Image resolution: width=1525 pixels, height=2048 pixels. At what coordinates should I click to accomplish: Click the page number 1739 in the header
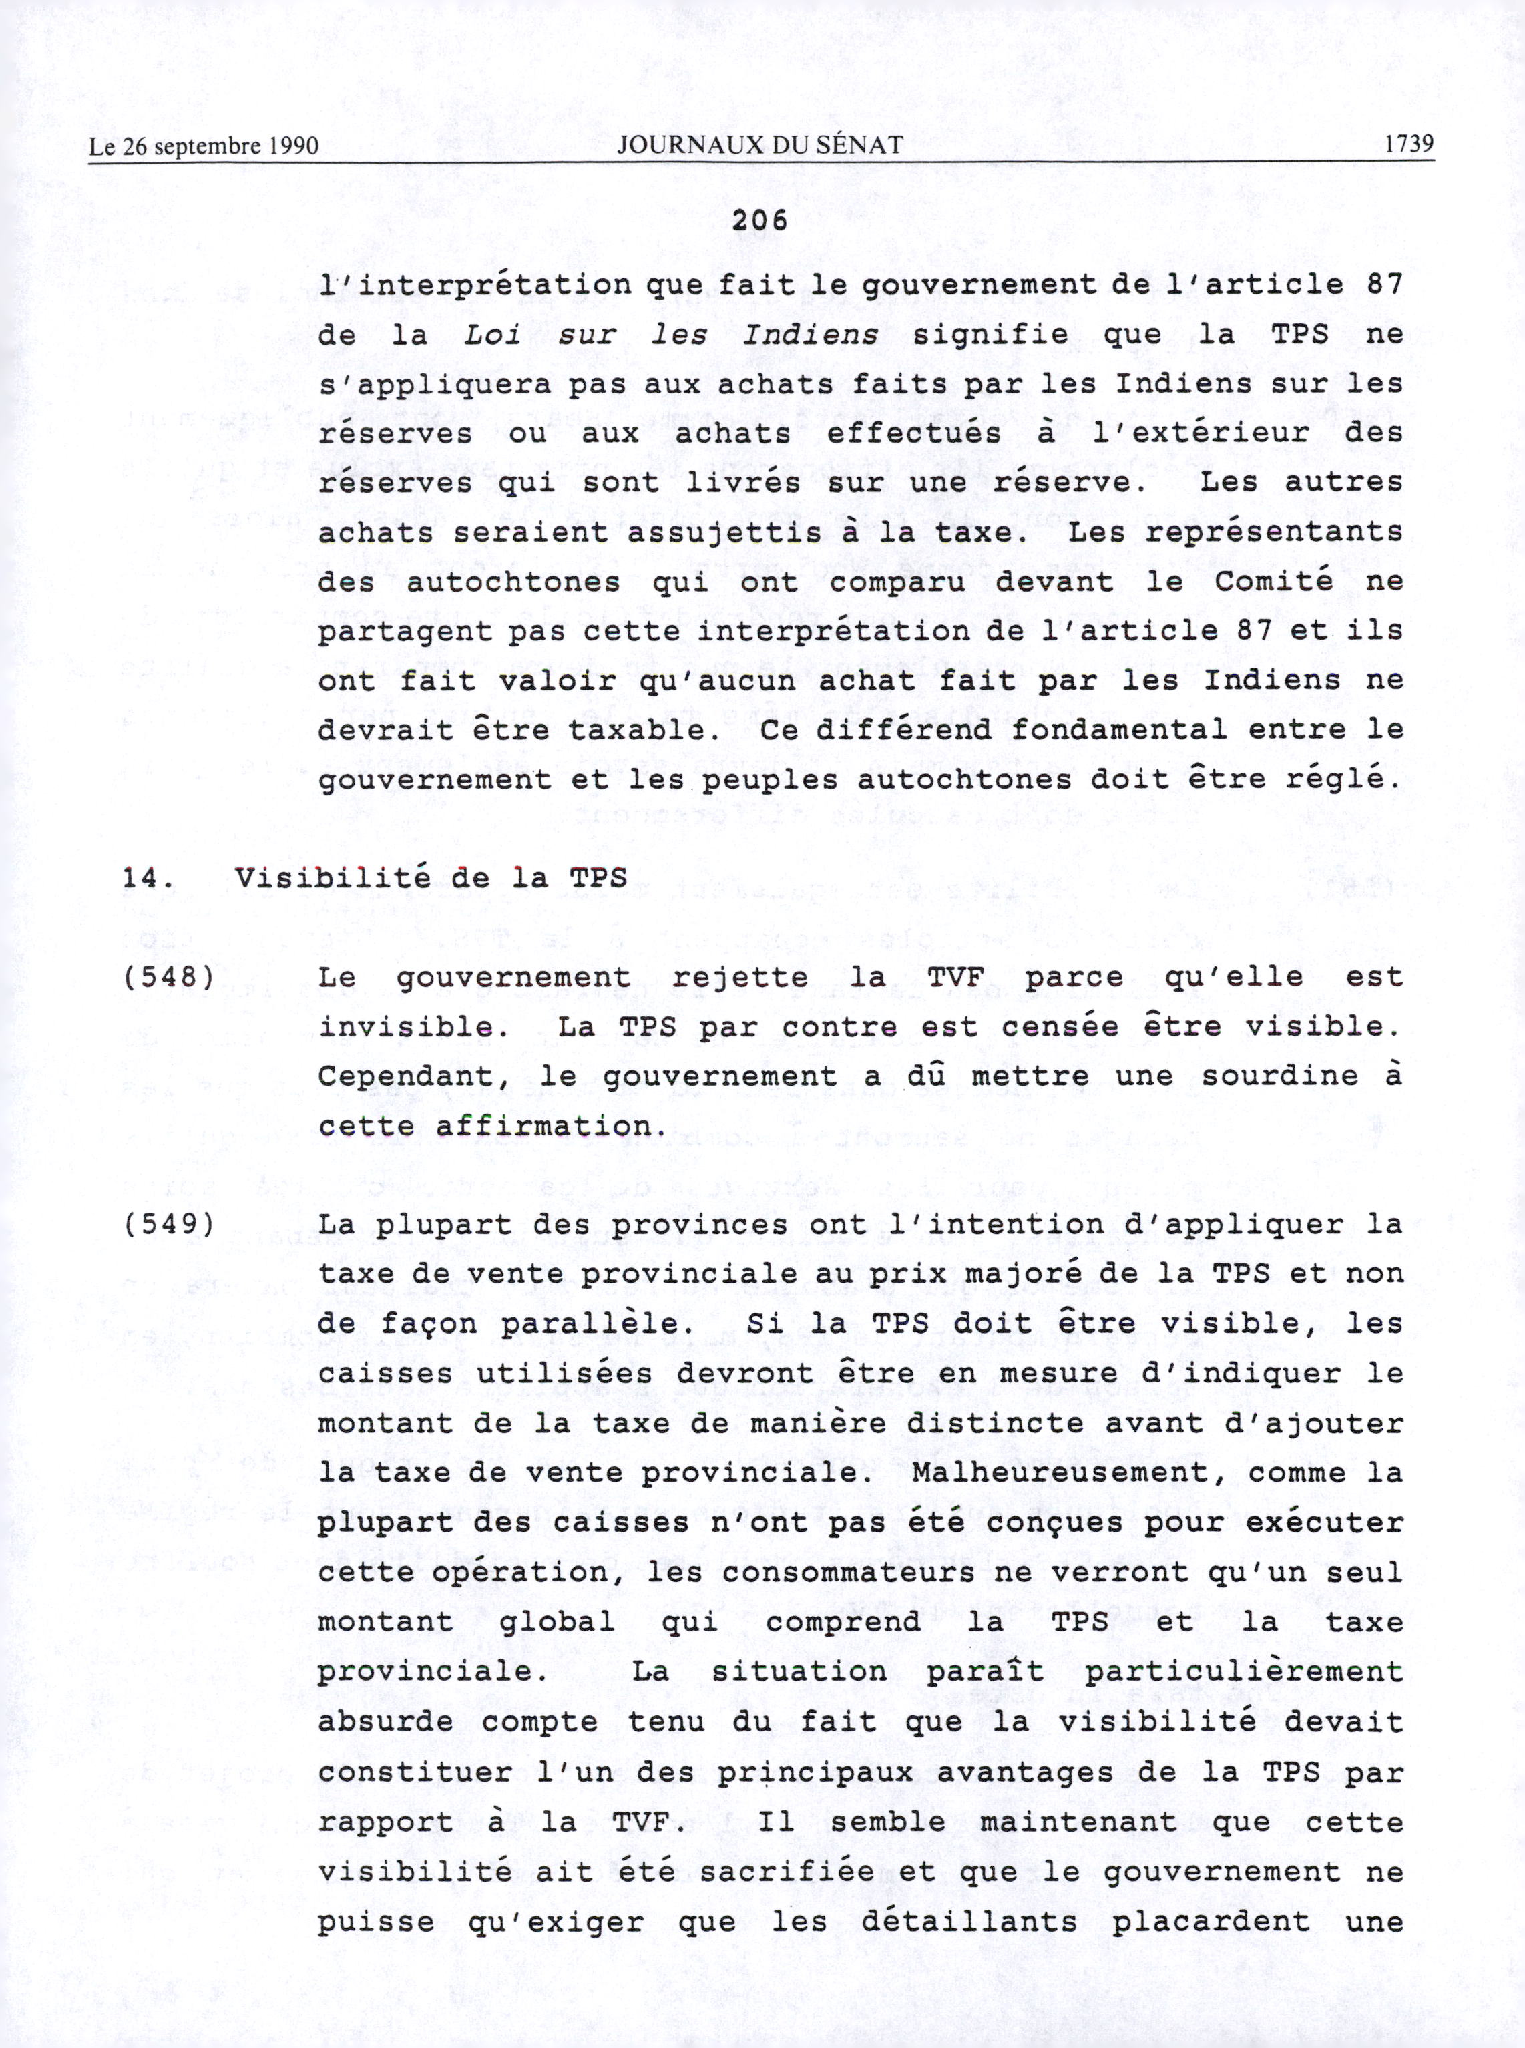point(1407,144)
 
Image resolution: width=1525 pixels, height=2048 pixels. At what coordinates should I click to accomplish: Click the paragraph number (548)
point(168,976)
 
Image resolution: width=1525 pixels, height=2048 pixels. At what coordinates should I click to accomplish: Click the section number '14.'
point(148,877)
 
